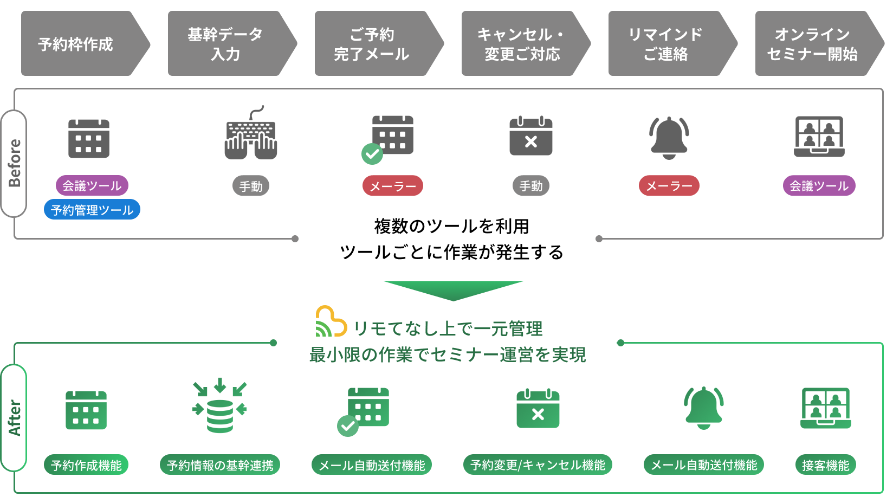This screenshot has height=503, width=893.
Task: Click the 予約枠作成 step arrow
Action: pos(81,43)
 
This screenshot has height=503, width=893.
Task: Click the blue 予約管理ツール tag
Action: pos(92,210)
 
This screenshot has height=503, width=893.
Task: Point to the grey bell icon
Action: pos(669,138)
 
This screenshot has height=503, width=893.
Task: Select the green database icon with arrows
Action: pos(219,406)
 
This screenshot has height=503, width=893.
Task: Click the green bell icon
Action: pos(703,408)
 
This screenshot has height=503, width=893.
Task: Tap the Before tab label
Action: pos(14,163)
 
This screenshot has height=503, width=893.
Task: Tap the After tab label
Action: pos(14,417)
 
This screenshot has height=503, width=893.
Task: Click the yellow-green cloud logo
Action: pos(331,322)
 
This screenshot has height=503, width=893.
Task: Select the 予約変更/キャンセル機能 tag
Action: pos(538,465)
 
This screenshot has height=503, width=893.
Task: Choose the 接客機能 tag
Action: pos(826,465)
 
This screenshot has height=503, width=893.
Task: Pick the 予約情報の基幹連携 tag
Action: pos(220,465)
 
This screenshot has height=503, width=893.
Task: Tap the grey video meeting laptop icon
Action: pos(819,137)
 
